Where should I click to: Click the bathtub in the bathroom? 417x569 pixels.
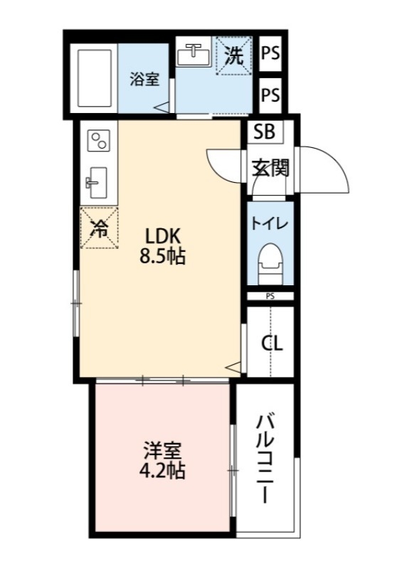95,78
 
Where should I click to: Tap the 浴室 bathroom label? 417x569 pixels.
144,79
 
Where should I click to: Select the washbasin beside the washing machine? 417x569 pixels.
194,55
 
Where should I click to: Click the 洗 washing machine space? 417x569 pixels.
233,55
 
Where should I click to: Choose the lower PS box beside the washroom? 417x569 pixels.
270,95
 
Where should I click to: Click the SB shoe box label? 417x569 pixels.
265,132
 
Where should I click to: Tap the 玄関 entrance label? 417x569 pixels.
270,168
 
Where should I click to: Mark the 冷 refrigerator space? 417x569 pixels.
99,228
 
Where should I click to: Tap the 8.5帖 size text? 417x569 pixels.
162,257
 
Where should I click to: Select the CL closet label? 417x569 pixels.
273,344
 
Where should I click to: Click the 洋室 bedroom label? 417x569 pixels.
162,451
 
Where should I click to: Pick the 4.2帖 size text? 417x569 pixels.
162,471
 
